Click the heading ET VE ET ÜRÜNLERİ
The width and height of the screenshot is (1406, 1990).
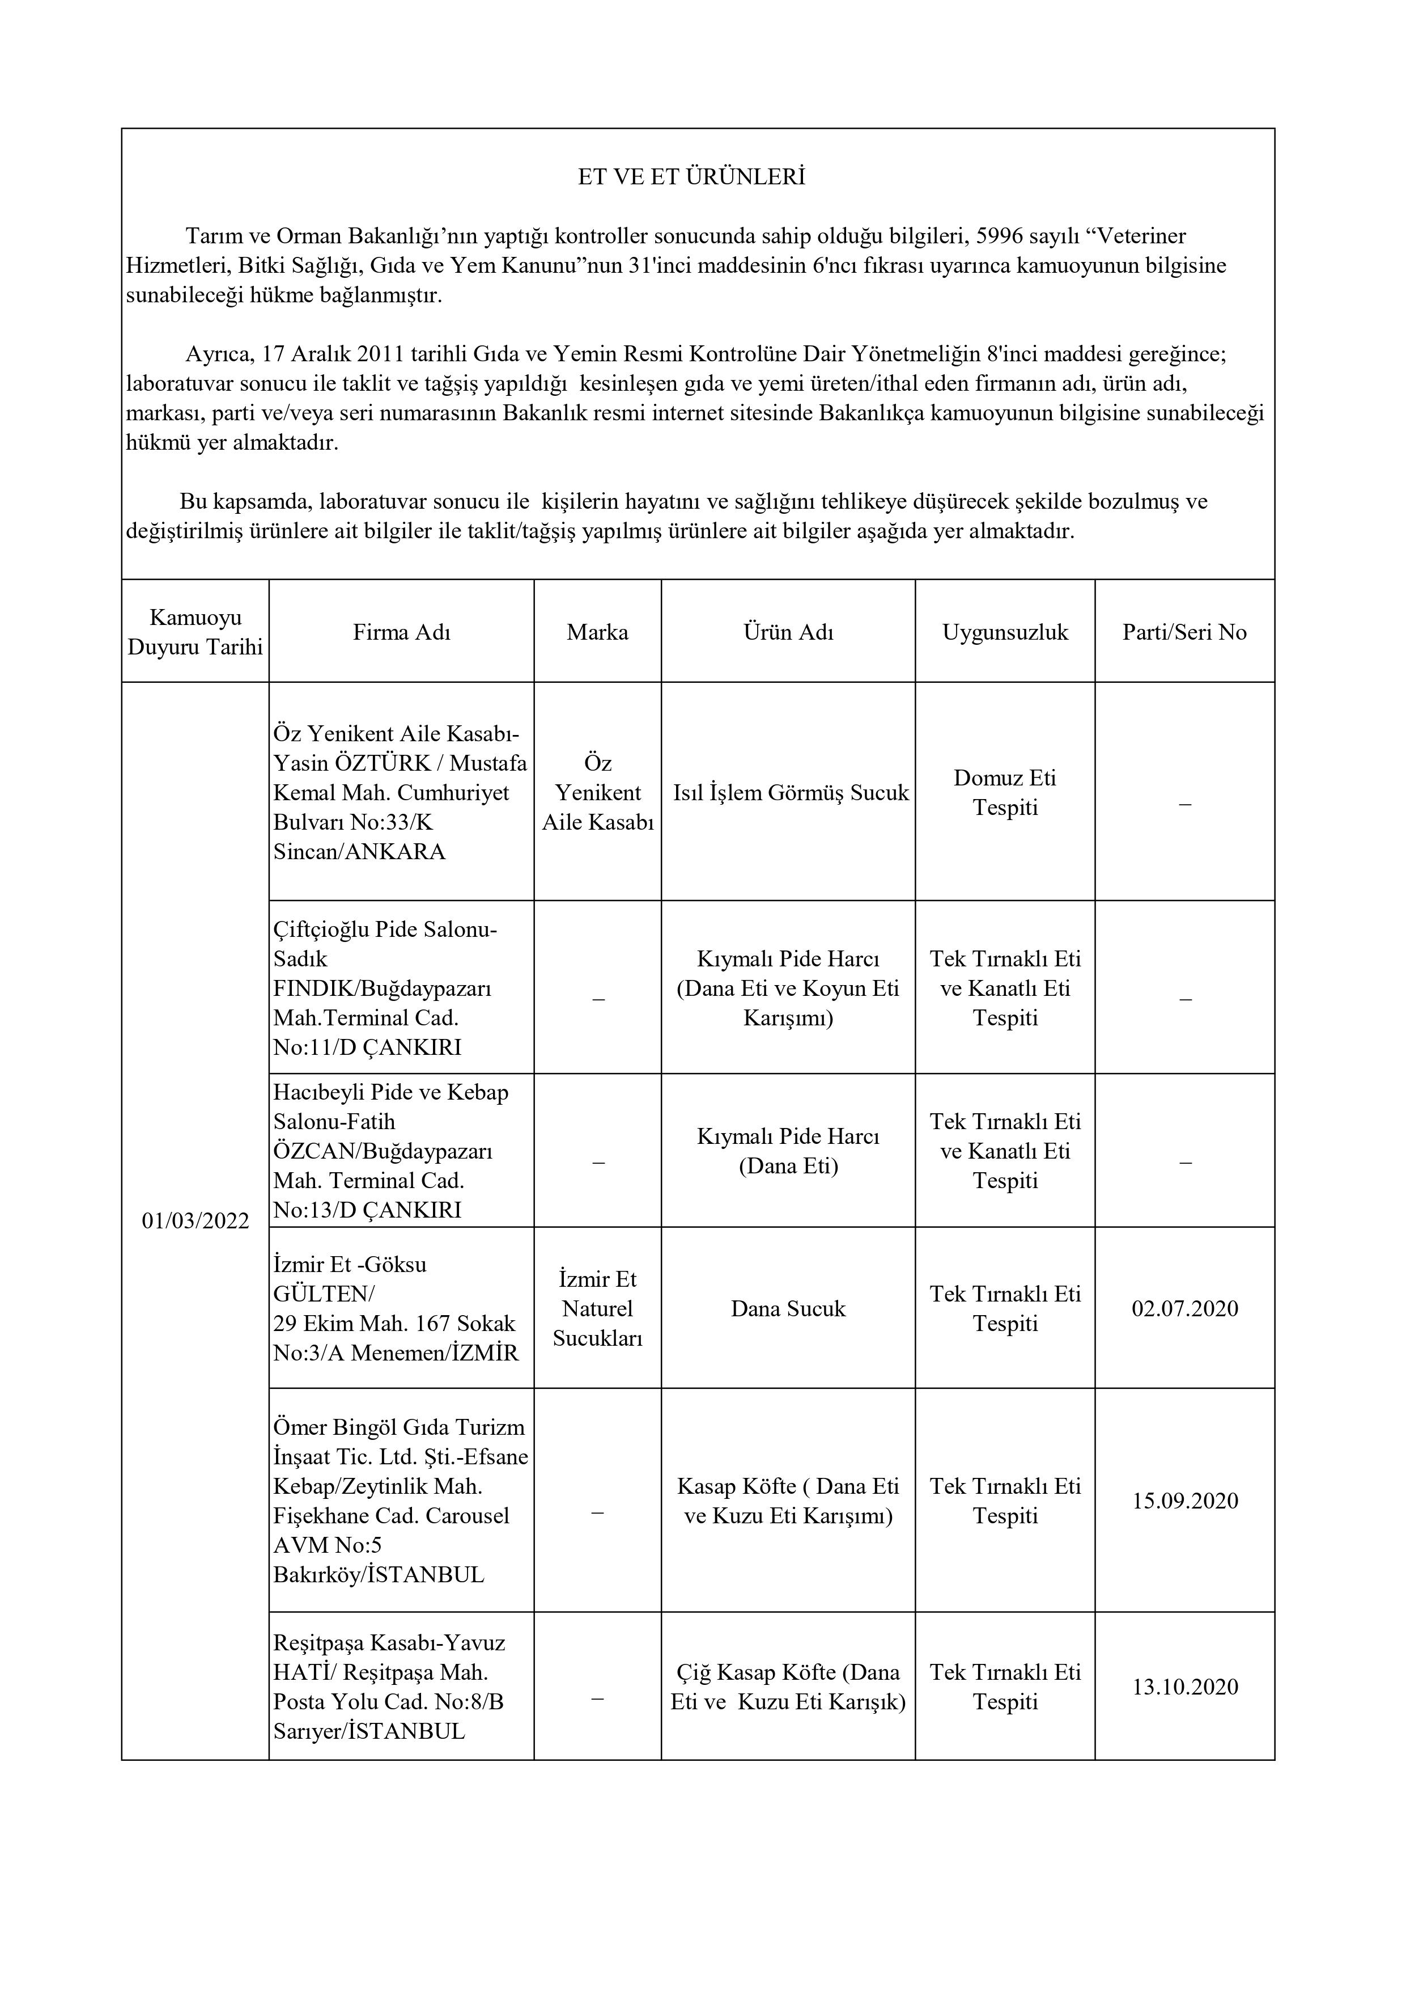tap(691, 177)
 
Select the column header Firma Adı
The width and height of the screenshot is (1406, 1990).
tap(401, 632)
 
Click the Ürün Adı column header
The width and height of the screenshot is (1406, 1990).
tap(788, 632)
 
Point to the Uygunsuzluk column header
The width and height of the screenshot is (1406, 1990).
tap(1005, 632)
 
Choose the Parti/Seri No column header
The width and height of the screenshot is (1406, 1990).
tap(1184, 632)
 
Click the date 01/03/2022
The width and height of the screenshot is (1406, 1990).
tap(195, 1220)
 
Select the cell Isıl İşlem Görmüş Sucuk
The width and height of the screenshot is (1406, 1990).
tap(791, 792)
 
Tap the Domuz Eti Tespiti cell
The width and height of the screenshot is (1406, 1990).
tap(1005, 792)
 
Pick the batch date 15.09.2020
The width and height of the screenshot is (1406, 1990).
tap(1184, 1501)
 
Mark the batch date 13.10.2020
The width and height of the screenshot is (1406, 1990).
tap(1184, 1686)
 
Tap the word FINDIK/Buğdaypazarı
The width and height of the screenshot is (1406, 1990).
tap(382, 988)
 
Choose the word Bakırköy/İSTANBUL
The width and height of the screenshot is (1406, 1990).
tap(379, 1574)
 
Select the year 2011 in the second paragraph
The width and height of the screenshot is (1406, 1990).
tap(380, 354)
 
